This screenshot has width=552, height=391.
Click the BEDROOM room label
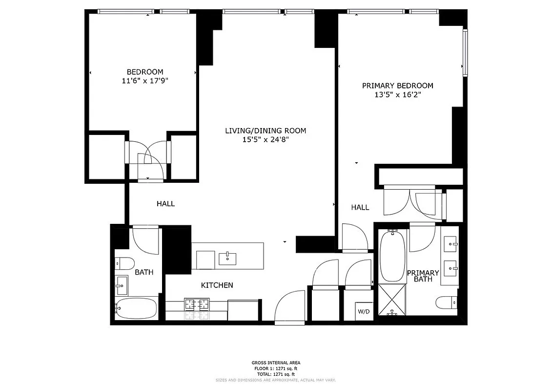click(x=145, y=72)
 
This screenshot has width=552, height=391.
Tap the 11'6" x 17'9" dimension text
click(x=145, y=81)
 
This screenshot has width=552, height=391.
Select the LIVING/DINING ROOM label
click(x=266, y=130)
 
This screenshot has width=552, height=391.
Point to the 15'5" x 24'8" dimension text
click(x=266, y=139)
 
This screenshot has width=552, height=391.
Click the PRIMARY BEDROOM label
click(x=397, y=86)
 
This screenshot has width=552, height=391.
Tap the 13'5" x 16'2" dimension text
click(x=397, y=95)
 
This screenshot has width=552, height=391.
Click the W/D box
click(x=363, y=311)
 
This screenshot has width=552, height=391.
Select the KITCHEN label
click(x=217, y=285)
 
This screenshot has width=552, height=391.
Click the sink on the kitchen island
click(x=227, y=258)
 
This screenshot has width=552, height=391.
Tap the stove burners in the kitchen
click(x=196, y=304)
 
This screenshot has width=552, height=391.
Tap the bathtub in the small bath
click(x=136, y=308)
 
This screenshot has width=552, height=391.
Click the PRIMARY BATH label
click(x=423, y=276)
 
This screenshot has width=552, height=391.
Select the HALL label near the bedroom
click(x=165, y=204)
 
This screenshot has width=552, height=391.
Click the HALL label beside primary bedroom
click(x=360, y=207)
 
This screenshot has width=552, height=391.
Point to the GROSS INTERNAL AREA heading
click(x=276, y=363)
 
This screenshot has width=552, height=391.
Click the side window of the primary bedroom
click(x=465, y=52)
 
